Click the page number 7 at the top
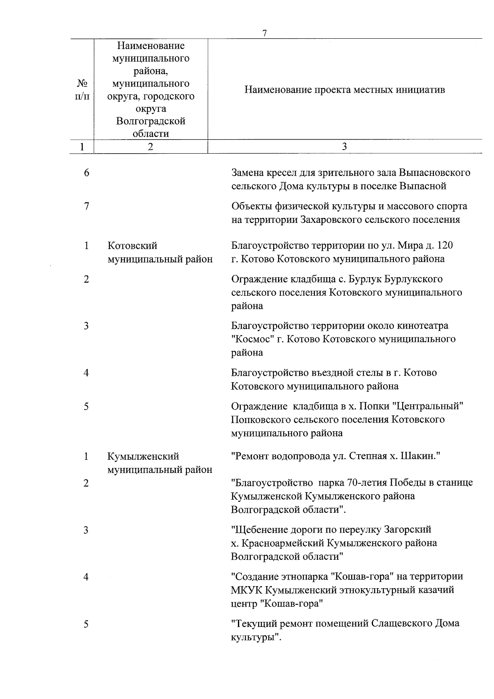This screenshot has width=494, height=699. [265, 33]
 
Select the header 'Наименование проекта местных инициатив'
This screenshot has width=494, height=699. [345, 90]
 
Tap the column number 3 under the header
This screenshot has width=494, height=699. [344, 146]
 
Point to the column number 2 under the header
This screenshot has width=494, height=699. [151, 146]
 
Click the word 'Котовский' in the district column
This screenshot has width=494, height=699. [132, 246]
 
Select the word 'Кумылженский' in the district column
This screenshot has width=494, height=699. [143, 456]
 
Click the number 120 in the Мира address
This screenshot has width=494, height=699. [445, 246]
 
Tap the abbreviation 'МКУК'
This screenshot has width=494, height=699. [246, 590]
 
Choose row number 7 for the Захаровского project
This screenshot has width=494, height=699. [86, 206]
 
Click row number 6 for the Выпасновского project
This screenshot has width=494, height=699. [86, 173]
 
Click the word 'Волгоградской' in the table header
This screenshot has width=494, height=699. [151, 122]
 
